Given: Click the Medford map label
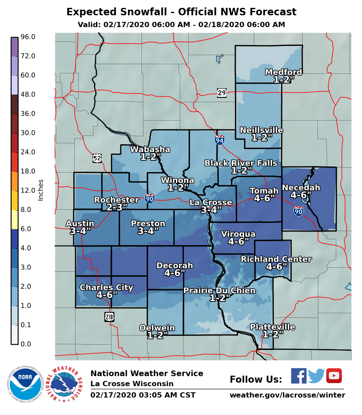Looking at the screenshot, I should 283,72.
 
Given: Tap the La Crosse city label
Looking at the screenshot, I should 210,202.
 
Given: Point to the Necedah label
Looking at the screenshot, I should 301,188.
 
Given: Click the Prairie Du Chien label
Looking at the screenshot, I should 214,290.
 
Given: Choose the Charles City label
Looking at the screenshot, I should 106,287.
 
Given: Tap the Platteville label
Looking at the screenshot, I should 272,327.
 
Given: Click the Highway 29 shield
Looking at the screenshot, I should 222,92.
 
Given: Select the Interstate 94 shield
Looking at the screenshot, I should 220,140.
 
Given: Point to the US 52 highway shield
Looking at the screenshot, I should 97,158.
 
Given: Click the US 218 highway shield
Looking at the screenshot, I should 109,317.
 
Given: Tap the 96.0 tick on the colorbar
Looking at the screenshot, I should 28,37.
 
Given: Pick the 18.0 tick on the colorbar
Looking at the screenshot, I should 28,171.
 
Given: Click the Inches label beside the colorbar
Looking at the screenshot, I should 41,190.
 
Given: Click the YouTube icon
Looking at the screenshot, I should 334,376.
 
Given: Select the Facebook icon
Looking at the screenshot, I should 299,376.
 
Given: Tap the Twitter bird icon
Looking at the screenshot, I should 316,376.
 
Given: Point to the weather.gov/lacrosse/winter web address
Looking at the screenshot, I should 287,395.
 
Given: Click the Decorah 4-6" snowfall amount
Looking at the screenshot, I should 175,273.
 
